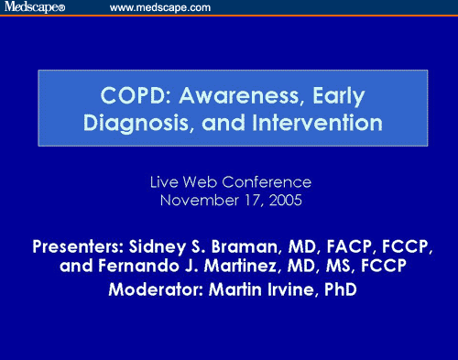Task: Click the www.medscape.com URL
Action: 160,7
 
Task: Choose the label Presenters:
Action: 79,246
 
